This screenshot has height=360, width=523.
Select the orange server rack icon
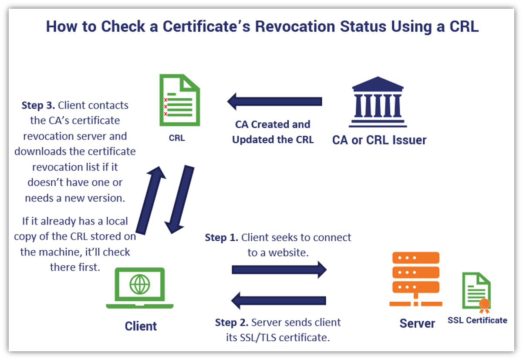[x=414, y=279]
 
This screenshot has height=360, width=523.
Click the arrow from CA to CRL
[x=274, y=102]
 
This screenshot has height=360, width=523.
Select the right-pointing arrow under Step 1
[x=279, y=269]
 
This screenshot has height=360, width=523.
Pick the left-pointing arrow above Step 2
[x=279, y=300]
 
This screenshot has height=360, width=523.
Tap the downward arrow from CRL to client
[x=179, y=200]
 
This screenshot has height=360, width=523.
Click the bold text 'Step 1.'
[x=221, y=238]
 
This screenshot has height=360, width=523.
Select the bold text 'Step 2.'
[x=232, y=323]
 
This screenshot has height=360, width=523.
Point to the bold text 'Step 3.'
[x=38, y=105]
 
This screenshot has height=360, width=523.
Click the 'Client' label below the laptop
[x=141, y=326]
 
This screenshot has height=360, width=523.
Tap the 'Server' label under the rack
[x=417, y=323]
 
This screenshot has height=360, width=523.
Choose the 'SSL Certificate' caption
[x=477, y=320]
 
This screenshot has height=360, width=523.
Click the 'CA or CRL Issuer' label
[x=379, y=140]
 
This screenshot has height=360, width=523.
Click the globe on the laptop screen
[x=140, y=284]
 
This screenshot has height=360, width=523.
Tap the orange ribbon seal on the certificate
[x=484, y=305]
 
